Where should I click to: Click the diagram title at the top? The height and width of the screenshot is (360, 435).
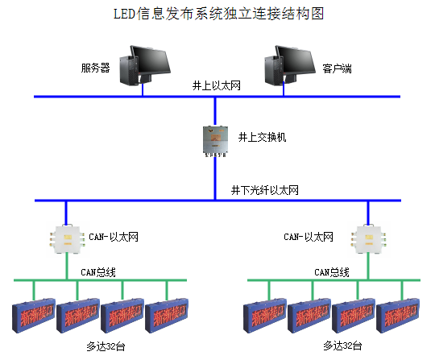click(217, 14)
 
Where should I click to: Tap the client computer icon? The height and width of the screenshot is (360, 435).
click(290, 65)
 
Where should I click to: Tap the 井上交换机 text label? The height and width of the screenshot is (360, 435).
click(263, 137)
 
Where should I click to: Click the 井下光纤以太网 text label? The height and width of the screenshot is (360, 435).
click(265, 191)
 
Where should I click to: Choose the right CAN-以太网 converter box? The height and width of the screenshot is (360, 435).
click(367, 239)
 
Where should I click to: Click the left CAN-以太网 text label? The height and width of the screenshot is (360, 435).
click(114, 237)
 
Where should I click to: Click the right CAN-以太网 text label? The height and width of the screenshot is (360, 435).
click(309, 237)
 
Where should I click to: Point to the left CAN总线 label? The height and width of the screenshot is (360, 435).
click(98, 272)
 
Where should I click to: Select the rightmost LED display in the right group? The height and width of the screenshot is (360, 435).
click(400, 316)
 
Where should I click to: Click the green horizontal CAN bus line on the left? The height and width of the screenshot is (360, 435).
click(101, 281)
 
